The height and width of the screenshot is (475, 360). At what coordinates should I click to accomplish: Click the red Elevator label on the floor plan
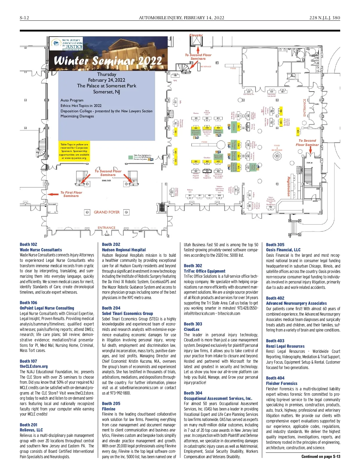coord(196,35)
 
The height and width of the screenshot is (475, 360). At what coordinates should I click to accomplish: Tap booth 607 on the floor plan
coord(249,92)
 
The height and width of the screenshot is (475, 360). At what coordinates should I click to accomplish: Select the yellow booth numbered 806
coord(281,110)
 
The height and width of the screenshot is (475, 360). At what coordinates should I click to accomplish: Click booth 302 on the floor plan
coord(207,171)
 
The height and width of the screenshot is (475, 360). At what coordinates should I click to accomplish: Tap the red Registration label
coord(289,186)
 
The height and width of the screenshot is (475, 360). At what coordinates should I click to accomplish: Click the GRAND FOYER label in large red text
coord(106,212)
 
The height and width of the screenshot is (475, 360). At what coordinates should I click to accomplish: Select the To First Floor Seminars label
coord(71,194)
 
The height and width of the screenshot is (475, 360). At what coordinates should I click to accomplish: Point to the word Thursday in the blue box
coord(106,74)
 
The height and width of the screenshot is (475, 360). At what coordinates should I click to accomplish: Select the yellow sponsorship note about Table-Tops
coord(74,151)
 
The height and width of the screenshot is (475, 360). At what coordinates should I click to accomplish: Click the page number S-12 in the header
coord(24,18)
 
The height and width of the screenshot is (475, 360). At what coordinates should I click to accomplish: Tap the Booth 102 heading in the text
coord(28,244)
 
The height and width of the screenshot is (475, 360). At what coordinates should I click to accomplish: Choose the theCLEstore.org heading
coord(34,366)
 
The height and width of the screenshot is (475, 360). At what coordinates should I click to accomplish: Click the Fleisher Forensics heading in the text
coord(282,383)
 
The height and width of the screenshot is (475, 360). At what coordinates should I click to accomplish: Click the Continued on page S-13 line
coord(321,456)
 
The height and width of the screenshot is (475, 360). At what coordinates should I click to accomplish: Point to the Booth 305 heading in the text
coord(275,244)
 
